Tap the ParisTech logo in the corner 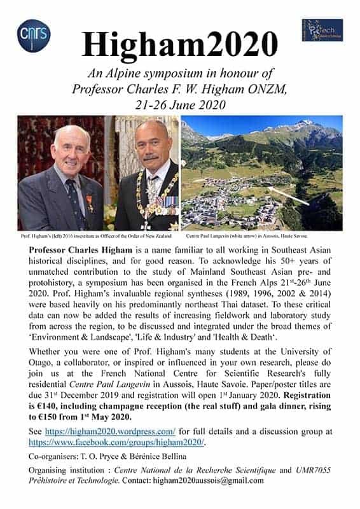pos(322,29)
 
